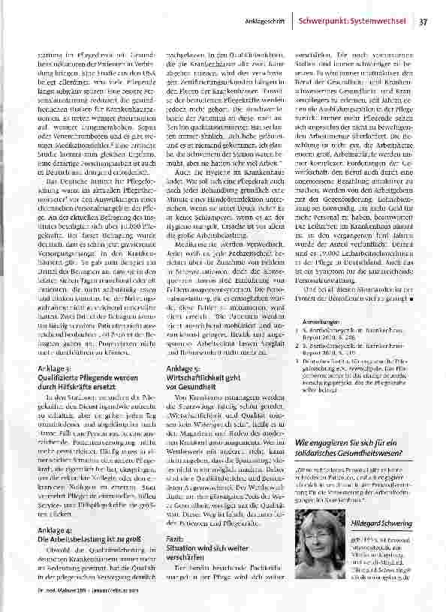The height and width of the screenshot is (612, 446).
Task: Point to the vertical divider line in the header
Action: coord(294,22)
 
